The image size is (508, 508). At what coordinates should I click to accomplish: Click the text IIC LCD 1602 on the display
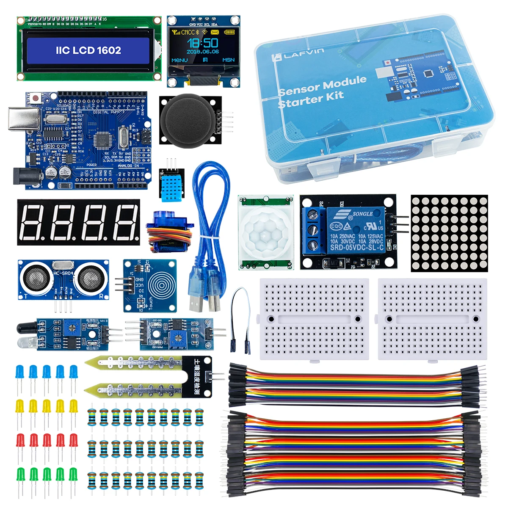(88, 50)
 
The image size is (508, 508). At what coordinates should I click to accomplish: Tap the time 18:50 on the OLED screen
(203, 42)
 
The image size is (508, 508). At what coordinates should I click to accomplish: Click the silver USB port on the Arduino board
(24, 118)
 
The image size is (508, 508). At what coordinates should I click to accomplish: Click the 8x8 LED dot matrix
(449, 233)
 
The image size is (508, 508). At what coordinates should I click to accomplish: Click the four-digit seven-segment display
(78, 222)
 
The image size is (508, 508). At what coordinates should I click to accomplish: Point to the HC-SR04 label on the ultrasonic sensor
(63, 273)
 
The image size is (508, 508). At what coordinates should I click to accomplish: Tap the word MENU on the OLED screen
(179, 60)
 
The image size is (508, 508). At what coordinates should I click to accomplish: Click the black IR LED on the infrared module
(26, 328)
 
